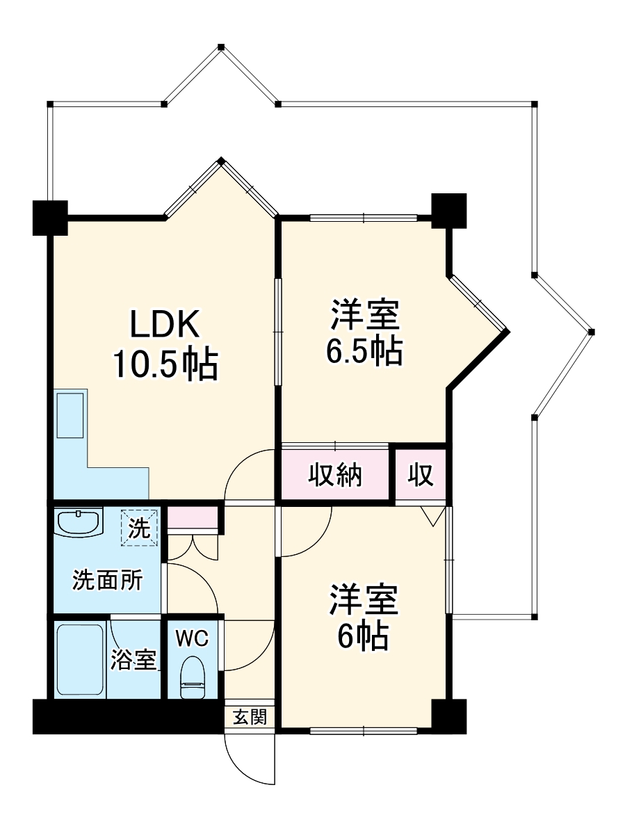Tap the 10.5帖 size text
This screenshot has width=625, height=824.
pyautogui.click(x=165, y=364)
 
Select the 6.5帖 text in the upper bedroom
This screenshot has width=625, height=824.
pyautogui.click(x=364, y=351)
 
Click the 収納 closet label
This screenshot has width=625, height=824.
pyautogui.click(x=336, y=476)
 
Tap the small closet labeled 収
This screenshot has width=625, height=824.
pyautogui.click(x=421, y=476)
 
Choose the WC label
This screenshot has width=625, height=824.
pyautogui.click(x=191, y=639)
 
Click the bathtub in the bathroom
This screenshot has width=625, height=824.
pyautogui.click(x=79, y=659)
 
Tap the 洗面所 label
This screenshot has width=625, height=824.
pyautogui.click(x=108, y=580)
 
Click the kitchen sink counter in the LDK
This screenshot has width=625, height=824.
pyautogui.click(x=70, y=414)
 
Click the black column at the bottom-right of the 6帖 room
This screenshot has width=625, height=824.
pyautogui.click(x=448, y=716)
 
